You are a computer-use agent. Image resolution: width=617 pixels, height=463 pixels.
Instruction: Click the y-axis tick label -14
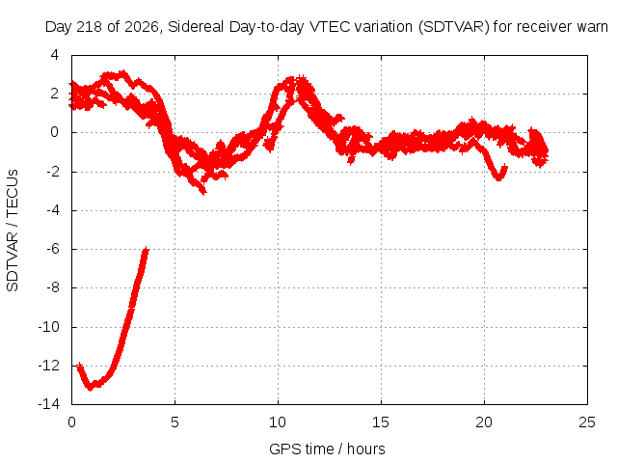49,404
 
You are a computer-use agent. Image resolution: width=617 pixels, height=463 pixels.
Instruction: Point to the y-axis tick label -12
49,366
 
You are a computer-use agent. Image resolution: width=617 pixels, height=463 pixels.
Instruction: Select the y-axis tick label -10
49,327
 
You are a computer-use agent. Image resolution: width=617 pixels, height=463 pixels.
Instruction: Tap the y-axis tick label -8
53,287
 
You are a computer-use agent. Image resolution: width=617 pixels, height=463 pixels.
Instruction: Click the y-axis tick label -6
53,249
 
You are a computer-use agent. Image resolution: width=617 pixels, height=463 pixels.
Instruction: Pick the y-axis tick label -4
53,210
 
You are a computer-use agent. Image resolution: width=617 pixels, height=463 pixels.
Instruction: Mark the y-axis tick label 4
55,55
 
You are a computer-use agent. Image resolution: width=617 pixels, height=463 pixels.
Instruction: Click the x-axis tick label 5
174,422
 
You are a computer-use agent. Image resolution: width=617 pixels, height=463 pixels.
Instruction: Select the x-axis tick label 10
278,422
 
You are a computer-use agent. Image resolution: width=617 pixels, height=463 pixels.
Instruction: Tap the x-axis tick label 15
381,422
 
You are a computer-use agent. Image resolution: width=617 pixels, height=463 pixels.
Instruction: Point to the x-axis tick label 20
484,422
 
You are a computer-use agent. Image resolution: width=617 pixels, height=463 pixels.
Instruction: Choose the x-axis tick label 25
587,422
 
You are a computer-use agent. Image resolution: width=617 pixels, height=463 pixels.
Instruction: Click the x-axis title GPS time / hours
327,449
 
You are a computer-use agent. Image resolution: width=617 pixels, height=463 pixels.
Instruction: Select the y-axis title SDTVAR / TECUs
13,231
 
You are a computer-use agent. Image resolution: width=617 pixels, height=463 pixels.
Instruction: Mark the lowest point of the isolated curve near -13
90,388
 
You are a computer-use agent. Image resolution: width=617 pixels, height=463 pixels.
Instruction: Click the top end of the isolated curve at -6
147,249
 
